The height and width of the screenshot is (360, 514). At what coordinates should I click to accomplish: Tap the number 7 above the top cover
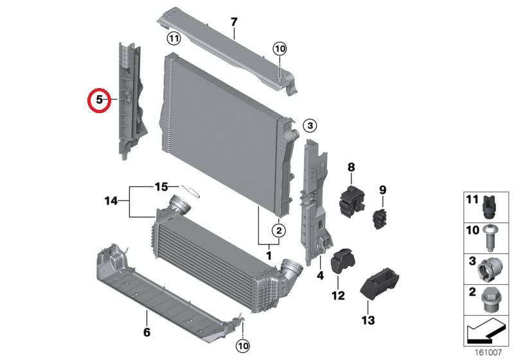click(x=234, y=22)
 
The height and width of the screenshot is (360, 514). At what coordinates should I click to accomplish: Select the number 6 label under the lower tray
click(x=146, y=332)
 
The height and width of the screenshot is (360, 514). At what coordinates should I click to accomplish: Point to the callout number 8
click(x=351, y=167)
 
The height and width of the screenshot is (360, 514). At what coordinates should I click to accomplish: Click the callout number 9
click(x=382, y=190)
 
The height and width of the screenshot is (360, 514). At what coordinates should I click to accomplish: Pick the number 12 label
click(x=338, y=296)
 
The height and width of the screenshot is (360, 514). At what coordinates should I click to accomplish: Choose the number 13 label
click(x=368, y=319)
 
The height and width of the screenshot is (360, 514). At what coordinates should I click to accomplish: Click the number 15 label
click(x=161, y=187)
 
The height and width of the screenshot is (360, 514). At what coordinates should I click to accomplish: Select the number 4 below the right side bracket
click(x=319, y=276)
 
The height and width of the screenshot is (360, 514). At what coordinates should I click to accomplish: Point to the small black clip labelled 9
click(x=379, y=218)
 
